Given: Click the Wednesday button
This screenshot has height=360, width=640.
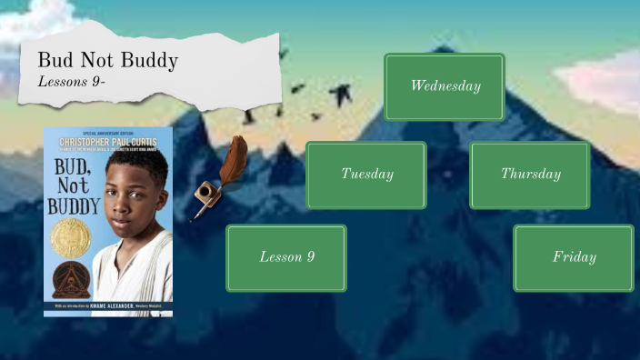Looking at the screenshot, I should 445,86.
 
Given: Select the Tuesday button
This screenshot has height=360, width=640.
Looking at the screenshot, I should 366,175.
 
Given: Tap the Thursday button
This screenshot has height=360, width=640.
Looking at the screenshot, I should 530,175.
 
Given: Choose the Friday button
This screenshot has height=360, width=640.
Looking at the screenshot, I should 574,257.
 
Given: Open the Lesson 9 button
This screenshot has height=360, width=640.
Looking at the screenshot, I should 286,257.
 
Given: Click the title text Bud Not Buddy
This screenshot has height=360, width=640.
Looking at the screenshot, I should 107,61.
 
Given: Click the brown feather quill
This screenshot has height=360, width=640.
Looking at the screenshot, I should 235,161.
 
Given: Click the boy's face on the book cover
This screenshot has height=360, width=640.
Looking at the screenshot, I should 130,187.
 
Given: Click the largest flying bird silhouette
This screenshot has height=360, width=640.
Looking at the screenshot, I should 340,93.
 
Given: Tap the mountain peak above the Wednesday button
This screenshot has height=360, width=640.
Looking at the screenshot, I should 444,47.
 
